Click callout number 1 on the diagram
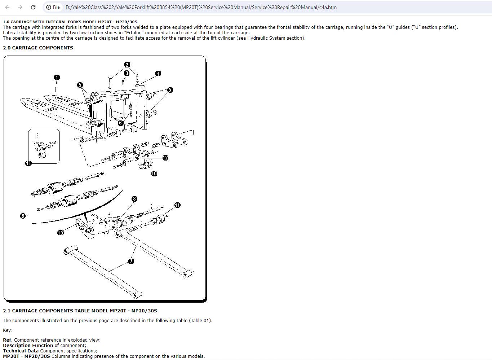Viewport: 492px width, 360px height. [x=57, y=78]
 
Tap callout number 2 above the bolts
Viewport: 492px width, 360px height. [x=127, y=65]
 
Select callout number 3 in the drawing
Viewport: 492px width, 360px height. [x=127, y=73]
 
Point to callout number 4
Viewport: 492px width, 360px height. [x=158, y=74]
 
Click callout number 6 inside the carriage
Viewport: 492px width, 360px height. [x=120, y=123]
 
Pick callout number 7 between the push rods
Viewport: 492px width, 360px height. [x=131, y=261]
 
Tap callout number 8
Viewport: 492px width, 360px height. [x=134, y=199]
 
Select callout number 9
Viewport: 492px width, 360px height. [x=23, y=216]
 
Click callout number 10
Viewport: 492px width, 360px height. [x=154, y=174]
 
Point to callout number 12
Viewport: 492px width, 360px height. [x=165, y=158]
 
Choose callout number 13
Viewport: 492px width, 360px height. [x=61, y=233]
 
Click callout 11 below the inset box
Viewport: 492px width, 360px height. [x=28, y=163]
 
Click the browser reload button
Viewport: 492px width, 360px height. [x=33, y=7]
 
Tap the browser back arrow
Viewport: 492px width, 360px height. [x=7, y=7]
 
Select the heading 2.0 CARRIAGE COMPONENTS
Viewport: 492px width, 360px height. [x=38, y=48]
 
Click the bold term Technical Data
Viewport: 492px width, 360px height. [x=21, y=351]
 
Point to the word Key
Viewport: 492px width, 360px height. [x=8, y=330]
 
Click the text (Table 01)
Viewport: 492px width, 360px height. [x=200, y=321]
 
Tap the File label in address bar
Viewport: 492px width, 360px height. [x=56, y=7]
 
